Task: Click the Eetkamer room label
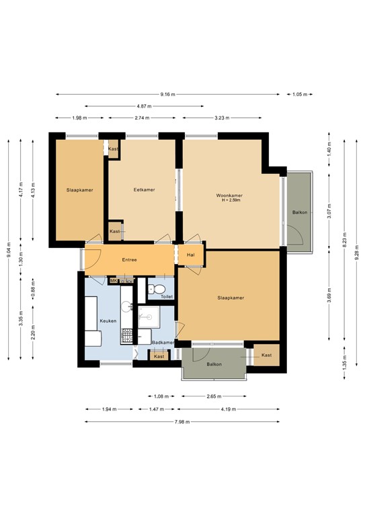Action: point(144,190)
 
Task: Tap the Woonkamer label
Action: point(229,195)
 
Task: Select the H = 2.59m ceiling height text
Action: point(229,200)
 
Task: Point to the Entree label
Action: point(129,260)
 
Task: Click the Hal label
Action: point(191,255)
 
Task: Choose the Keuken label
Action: point(108,320)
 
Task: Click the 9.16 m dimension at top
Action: point(169,95)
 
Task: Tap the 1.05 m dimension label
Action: point(300,95)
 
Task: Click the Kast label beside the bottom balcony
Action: point(266,355)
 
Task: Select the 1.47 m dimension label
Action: point(156,409)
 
